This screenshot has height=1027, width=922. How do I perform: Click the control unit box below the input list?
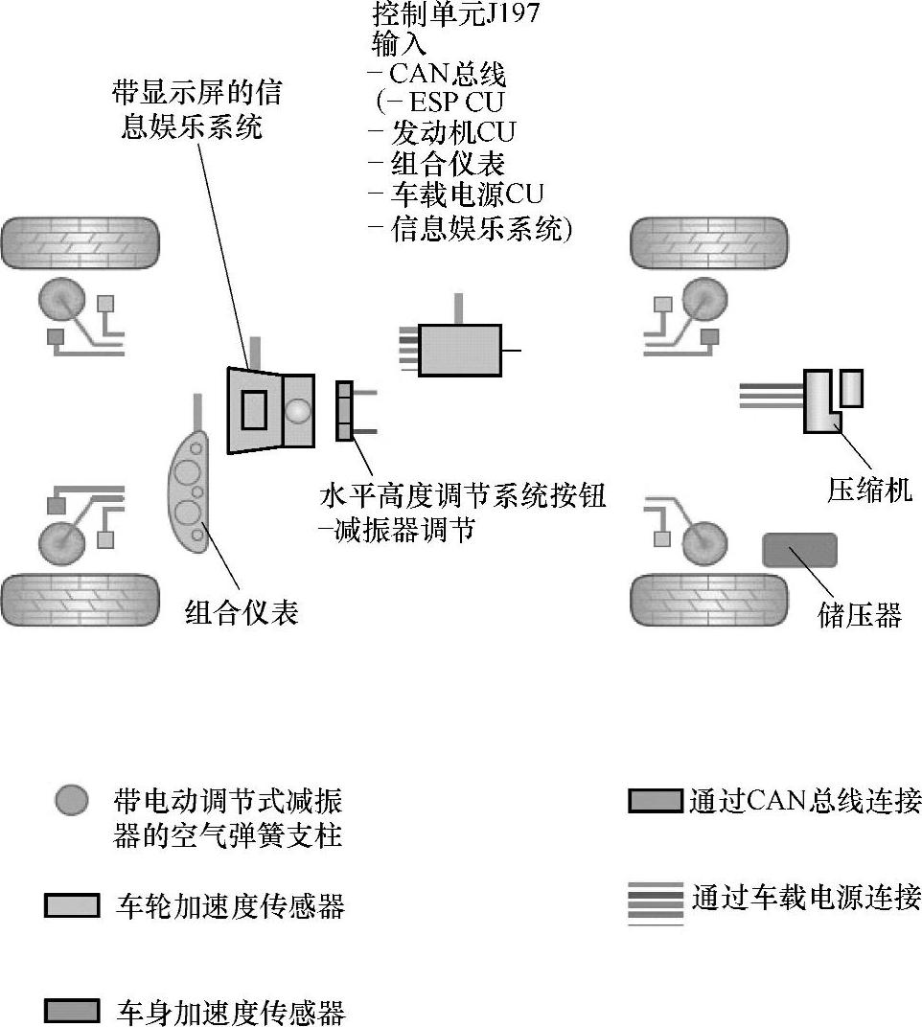tap(460, 350)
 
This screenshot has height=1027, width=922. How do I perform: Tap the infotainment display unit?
tap(269, 410)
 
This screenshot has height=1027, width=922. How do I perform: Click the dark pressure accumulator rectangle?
tap(798, 550)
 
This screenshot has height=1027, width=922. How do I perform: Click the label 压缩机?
tap(869, 490)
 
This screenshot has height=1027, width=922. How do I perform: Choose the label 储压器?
tap(860, 614)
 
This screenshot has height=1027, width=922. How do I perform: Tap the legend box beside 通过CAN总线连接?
tap(656, 801)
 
